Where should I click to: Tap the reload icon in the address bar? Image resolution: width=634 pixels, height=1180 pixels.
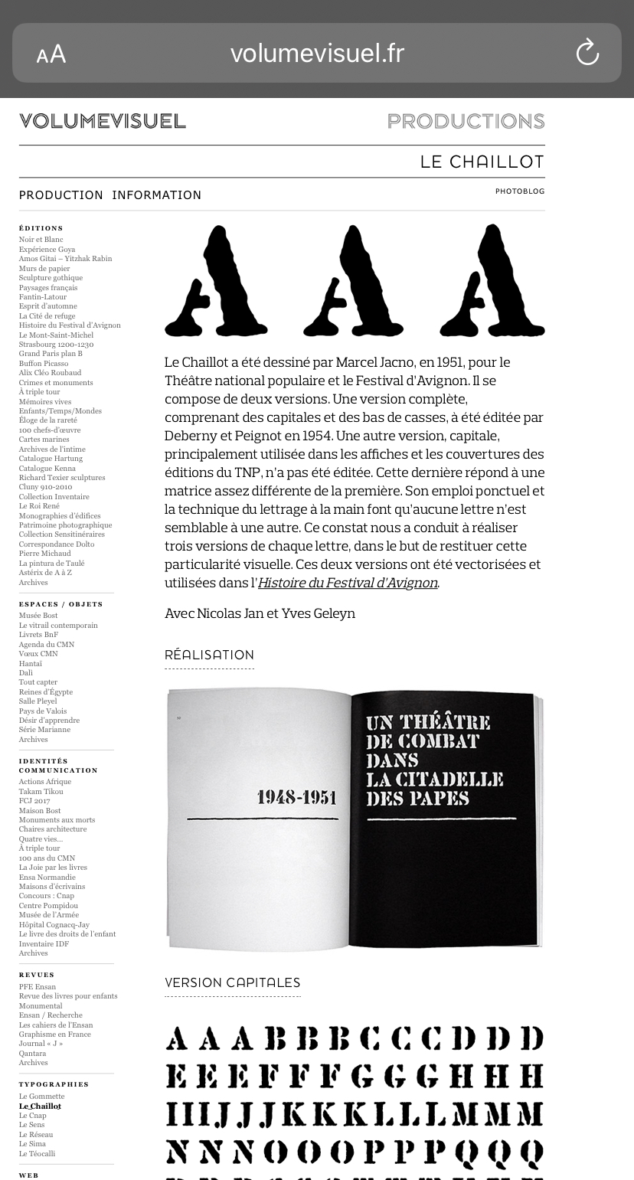coord(587,53)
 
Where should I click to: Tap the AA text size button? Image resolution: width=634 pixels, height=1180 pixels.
coord(51,54)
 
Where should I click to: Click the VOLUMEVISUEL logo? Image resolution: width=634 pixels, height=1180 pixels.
coord(103,121)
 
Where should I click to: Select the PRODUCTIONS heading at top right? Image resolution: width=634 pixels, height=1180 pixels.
coord(466,121)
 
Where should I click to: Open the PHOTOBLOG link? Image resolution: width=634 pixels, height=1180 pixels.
coord(520,191)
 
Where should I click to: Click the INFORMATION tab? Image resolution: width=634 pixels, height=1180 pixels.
coord(157,195)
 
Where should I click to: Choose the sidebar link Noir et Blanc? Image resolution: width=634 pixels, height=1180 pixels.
coord(41,240)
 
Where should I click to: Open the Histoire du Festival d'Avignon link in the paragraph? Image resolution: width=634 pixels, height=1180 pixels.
coord(348,583)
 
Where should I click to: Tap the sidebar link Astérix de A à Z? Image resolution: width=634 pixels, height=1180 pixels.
coord(45,573)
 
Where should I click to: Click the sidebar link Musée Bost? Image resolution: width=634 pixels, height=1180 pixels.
coord(38,616)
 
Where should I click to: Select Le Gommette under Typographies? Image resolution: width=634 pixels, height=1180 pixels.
coord(41,1097)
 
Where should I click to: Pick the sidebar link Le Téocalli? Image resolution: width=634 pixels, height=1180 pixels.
coord(37,1154)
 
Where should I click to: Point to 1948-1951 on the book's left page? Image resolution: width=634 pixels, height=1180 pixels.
coord(296,798)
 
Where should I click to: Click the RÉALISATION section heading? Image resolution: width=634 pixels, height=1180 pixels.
coord(209,655)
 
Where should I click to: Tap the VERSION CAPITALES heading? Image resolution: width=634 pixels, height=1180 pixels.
coord(232,983)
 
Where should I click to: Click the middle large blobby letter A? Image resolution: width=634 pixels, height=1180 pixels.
coord(352,282)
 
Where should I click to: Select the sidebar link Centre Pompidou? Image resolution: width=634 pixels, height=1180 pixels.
coord(48,906)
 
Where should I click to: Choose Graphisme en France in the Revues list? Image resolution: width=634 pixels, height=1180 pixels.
coord(54,1035)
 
